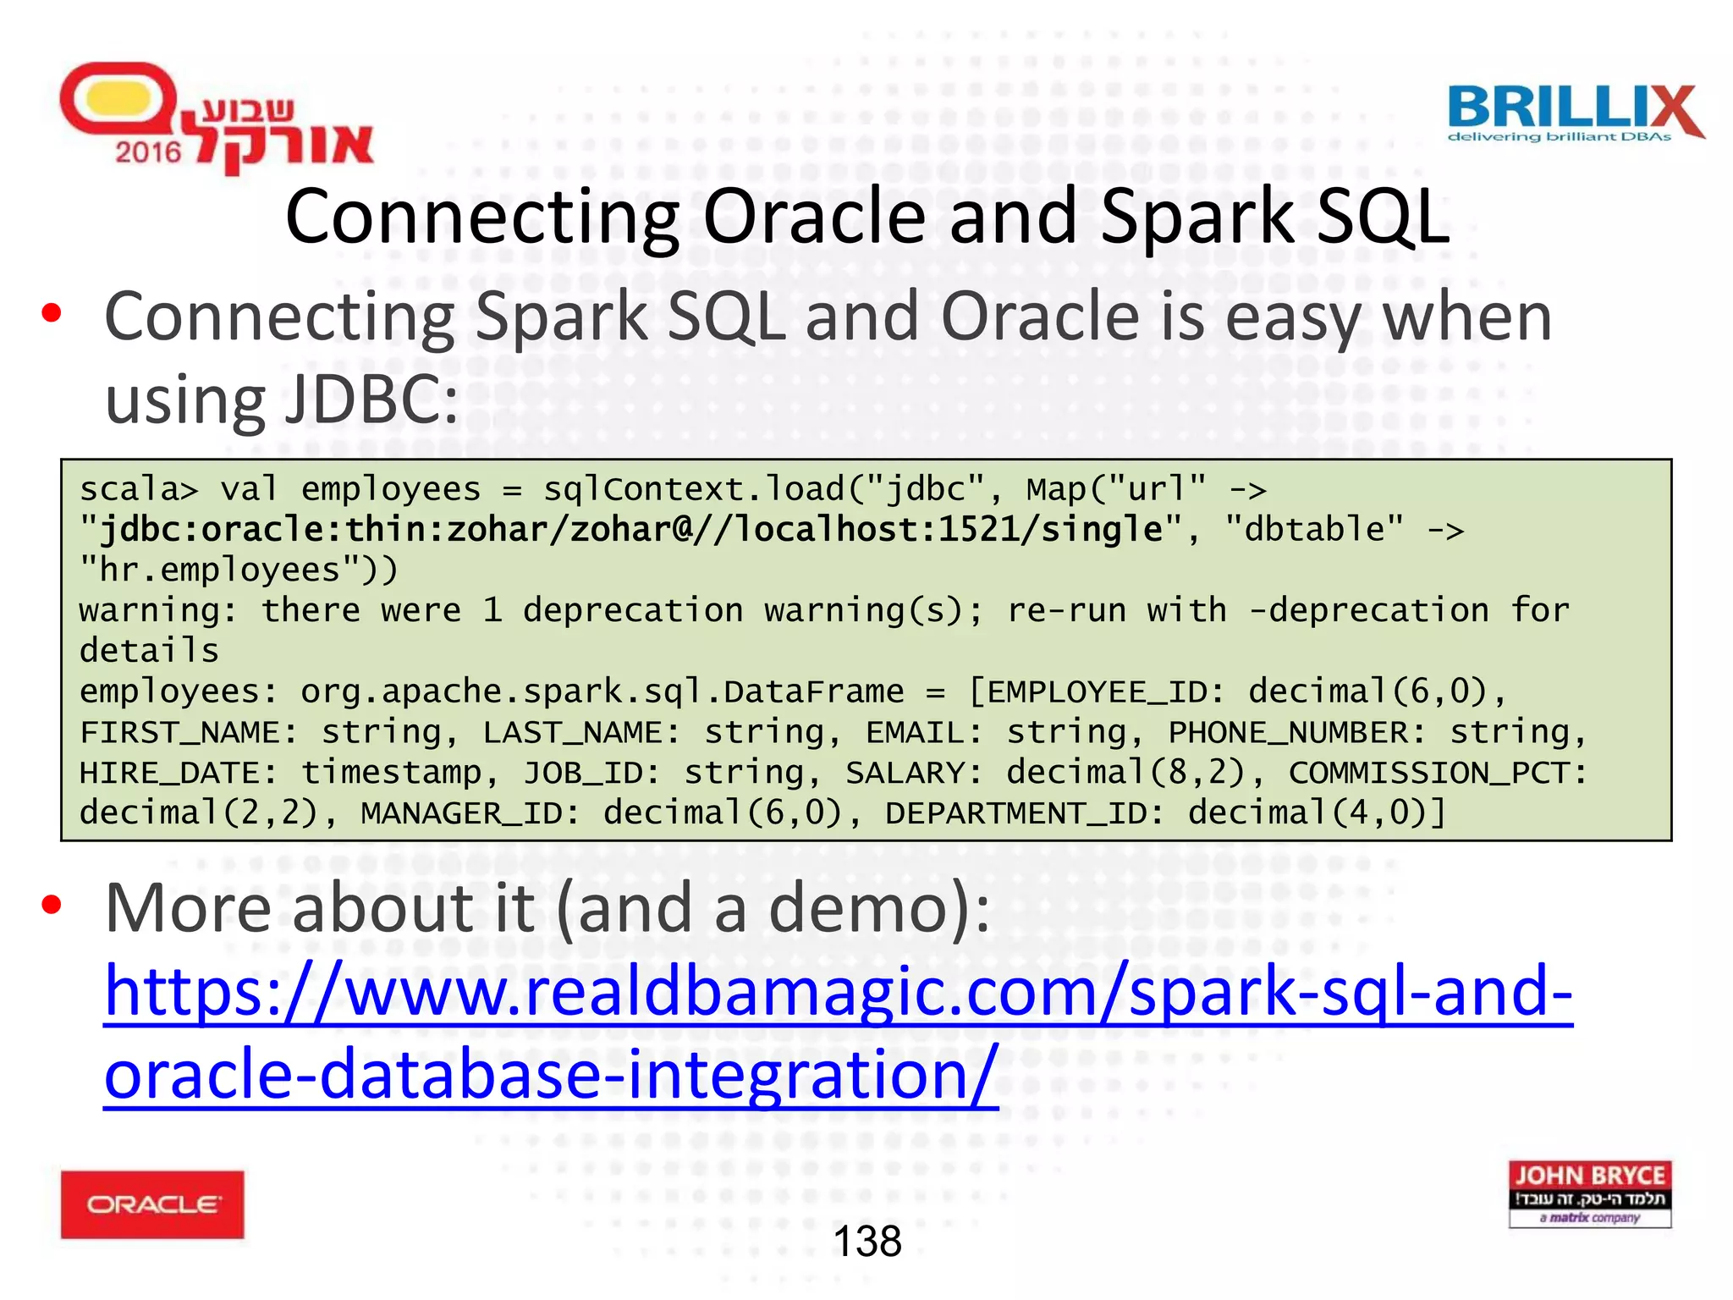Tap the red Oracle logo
click(152, 1204)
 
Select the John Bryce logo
click(1589, 1193)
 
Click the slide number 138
click(867, 1242)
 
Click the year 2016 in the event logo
click(148, 152)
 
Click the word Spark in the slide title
click(1197, 217)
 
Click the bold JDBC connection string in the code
click(630, 530)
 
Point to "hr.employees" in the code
click(228, 570)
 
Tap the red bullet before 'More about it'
click(52, 906)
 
